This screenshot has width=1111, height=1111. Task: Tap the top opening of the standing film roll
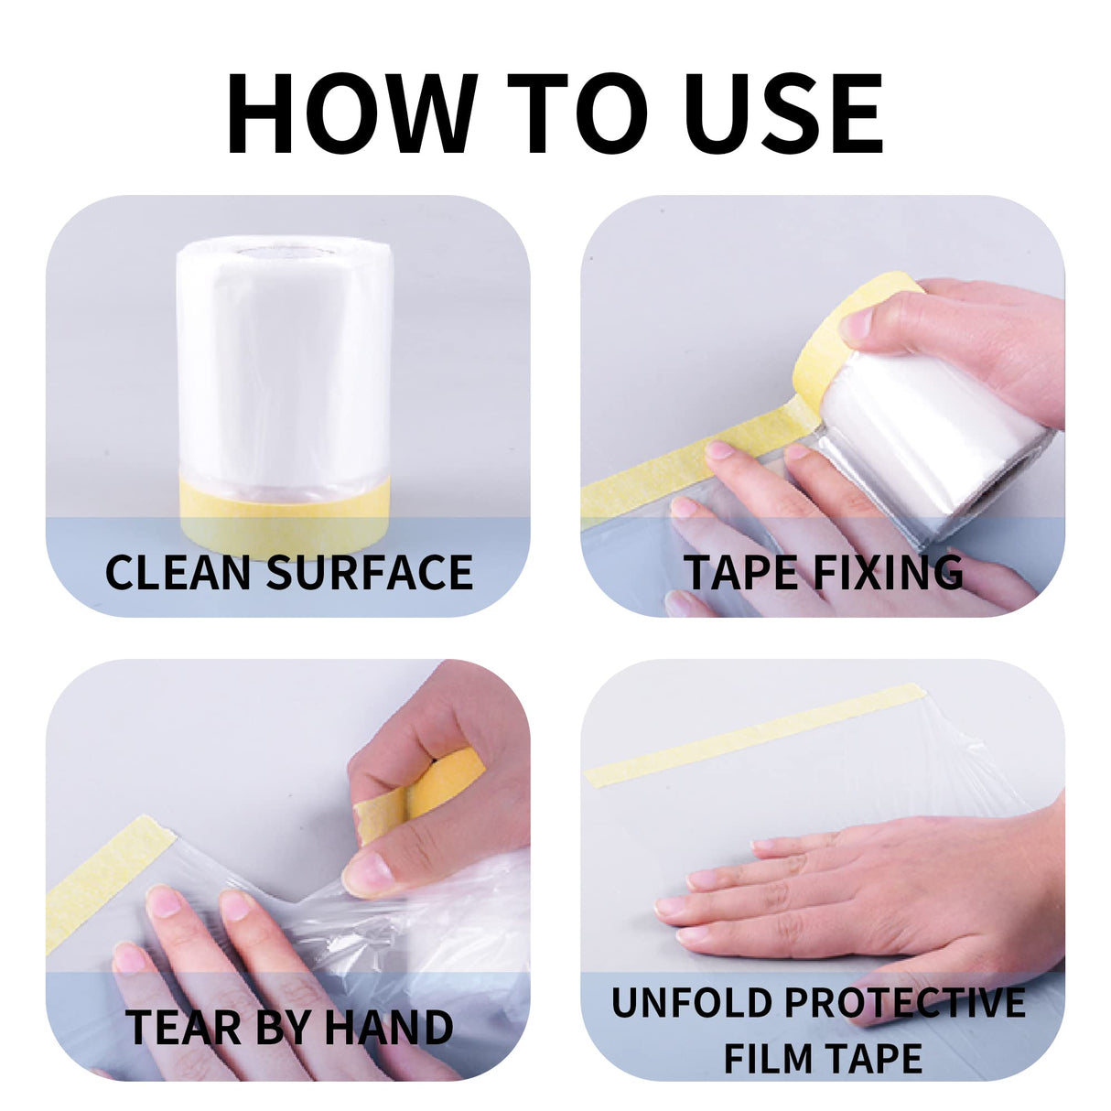coord(285,253)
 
